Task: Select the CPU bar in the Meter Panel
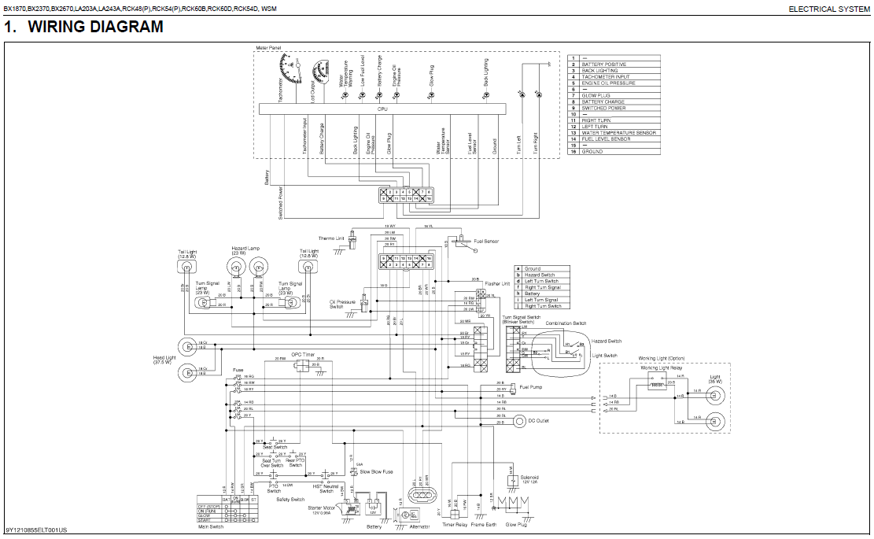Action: [382, 109]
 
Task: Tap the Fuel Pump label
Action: [529, 387]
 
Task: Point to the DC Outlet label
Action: [540, 422]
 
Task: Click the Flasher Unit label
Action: [497, 283]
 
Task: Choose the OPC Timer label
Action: [303, 355]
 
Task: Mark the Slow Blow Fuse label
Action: [376, 471]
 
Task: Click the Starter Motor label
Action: [323, 508]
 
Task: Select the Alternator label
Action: [419, 526]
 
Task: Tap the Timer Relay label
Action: [455, 524]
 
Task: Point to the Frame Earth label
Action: [483, 524]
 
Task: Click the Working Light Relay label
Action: [660, 368]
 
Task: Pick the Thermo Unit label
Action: [331, 238]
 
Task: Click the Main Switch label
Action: [233, 526]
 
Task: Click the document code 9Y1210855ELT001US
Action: [36, 530]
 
